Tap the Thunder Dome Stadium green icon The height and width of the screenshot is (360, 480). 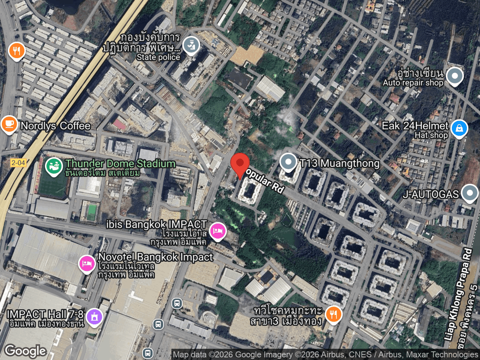(52, 165)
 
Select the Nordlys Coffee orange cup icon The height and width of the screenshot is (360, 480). (8, 125)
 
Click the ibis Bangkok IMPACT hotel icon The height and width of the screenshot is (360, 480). (218, 230)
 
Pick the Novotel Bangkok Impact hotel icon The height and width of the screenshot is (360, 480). (87, 263)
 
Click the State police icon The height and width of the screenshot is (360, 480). (191, 45)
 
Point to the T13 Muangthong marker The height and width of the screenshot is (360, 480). (288, 163)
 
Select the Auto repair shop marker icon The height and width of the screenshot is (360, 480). (454, 76)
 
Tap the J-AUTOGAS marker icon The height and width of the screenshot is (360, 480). (469, 193)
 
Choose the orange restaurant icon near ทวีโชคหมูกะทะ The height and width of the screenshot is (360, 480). (333, 315)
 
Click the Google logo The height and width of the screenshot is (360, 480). (25, 351)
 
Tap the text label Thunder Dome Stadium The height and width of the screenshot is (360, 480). (120, 164)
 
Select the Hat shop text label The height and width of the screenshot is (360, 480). (431, 135)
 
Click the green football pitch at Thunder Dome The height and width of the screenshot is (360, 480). (52, 186)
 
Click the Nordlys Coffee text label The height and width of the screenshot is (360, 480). (55, 126)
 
